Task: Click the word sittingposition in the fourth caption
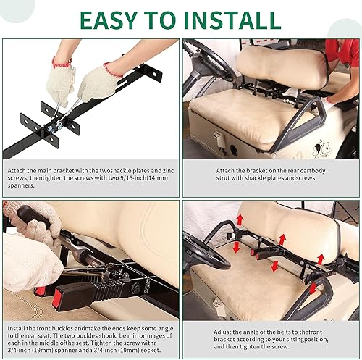pyautogui.click(x=313, y=338)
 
